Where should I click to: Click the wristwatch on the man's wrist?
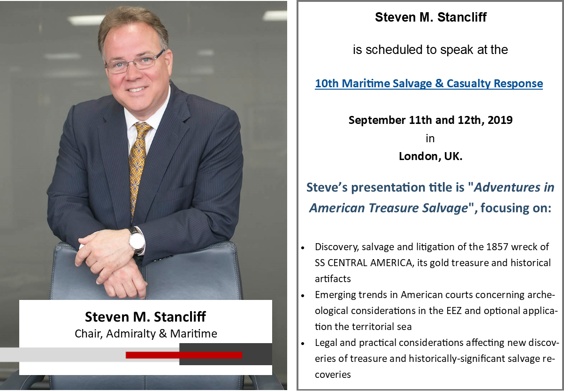[x=137, y=241]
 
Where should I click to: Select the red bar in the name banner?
[x=184, y=355]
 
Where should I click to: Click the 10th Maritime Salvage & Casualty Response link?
[x=429, y=84]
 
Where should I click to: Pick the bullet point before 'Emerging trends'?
[x=303, y=295]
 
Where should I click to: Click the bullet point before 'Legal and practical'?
[x=303, y=343]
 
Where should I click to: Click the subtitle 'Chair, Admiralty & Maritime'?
[x=146, y=334]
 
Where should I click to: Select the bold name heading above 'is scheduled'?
[x=431, y=17]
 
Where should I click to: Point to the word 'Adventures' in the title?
[x=507, y=187]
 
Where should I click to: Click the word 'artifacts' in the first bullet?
[x=333, y=279]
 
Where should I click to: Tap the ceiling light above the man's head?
[x=86, y=20]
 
